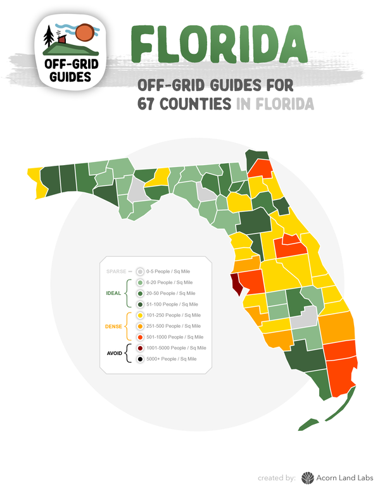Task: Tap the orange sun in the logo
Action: (x=83, y=32)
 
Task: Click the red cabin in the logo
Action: (x=62, y=39)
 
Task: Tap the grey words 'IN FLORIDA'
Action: (x=275, y=103)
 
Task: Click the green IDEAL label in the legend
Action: (x=114, y=293)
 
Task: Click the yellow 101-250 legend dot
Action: (x=140, y=315)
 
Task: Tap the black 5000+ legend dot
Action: (x=140, y=359)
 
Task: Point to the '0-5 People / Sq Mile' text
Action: (x=169, y=271)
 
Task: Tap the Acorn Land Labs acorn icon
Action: (x=307, y=478)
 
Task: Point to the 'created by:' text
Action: (x=277, y=478)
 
